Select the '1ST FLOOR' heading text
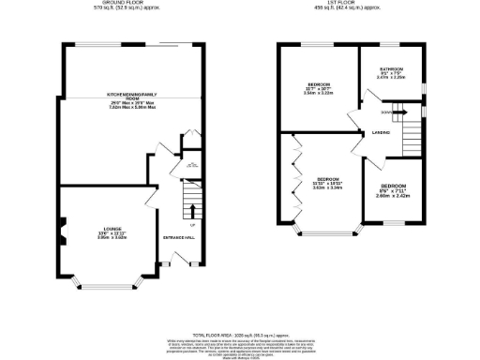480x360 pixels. click(x=344, y=4)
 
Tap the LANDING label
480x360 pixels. click(x=381, y=132)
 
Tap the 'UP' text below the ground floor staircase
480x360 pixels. click(x=192, y=226)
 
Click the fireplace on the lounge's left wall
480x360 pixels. click(x=63, y=228)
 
